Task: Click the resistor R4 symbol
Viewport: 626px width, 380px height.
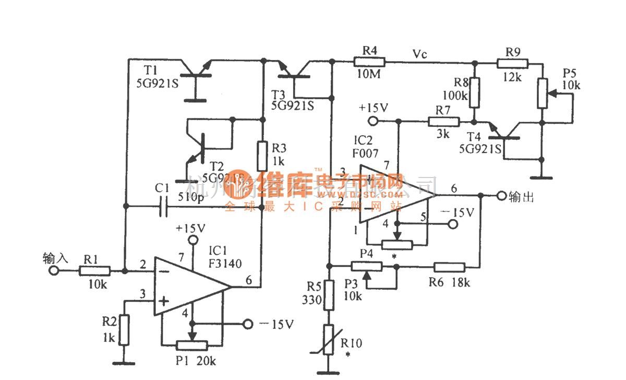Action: tap(369, 62)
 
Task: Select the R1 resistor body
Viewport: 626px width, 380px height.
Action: tap(94, 271)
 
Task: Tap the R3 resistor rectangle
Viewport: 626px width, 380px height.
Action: tap(263, 155)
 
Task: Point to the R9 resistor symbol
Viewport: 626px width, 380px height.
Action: tap(512, 63)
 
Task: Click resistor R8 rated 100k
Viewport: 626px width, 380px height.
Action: tap(475, 92)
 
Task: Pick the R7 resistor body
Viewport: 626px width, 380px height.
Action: tap(443, 122)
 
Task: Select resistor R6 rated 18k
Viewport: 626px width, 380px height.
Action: tap(449, 267)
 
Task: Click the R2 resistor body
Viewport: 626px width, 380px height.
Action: tap(124, 330)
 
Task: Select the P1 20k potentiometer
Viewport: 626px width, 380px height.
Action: tap(192, 346)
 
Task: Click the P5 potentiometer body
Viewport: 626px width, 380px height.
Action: tap(543, 93)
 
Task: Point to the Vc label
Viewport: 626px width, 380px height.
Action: tap(420, 54)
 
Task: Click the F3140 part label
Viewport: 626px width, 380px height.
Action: tap(226, 264)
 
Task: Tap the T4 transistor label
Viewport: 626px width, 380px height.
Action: tap(473, 137)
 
